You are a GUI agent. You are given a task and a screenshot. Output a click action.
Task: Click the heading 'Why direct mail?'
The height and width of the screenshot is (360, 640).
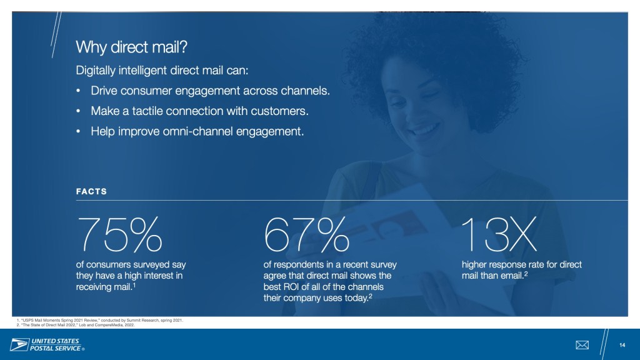tap(131, 47)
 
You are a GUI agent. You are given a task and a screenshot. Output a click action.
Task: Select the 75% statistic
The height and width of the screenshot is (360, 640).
tap(119, 234)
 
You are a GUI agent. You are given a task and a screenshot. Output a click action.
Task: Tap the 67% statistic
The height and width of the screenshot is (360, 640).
tap(306, 234)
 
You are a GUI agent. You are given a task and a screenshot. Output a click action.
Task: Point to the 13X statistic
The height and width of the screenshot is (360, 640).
tap(499, 234)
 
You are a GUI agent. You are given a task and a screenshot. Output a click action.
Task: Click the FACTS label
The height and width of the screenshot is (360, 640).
tap(91, 191)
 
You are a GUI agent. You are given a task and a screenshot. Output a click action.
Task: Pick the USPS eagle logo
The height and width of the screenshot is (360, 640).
tap(19, 345)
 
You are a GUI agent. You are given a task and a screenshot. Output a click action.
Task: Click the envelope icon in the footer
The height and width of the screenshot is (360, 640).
tap(582, 345)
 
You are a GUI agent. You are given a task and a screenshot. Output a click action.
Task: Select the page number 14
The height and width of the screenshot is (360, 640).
tap(622, 345)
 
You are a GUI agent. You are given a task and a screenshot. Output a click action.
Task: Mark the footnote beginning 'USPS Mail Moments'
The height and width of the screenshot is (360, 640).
tap(100, 321)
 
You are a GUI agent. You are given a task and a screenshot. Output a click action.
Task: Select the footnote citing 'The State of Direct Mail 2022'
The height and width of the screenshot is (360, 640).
tap(76, 325)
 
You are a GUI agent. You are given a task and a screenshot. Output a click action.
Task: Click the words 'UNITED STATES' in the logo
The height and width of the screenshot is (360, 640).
tap(55, 341)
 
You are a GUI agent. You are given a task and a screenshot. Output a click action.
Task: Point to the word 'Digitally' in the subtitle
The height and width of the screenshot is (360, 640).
tap(96, 71)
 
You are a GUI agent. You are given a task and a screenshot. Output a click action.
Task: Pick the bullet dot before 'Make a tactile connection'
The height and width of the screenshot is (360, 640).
tap(78, 111)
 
